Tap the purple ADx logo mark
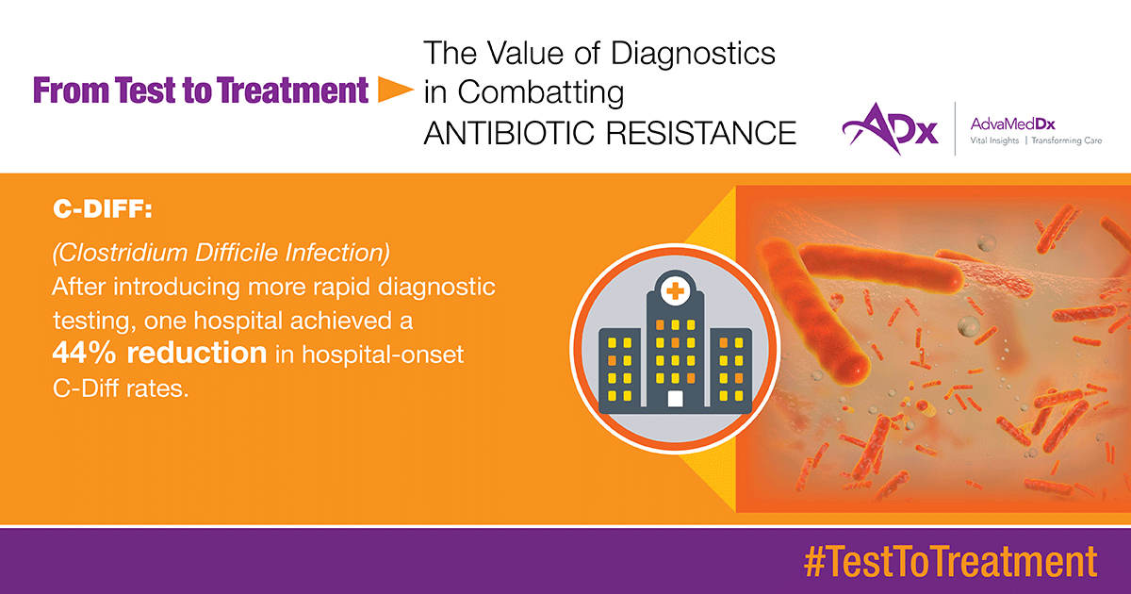[x=890, y=129]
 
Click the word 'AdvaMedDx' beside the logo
[x=1012, y=124]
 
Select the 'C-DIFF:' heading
[x=103, y=209]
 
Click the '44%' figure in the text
[x=84, y=353]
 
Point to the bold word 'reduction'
[x=196, y=353]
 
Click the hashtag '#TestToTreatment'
[x=950, y=562]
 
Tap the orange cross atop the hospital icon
[x=675, y=291]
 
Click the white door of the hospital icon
[x=675, y=399]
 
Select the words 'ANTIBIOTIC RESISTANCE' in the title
[x=610, y=133]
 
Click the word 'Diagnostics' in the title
[x=693, y=54]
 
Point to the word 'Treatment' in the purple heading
[x=293, y=91]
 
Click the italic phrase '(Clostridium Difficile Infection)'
[x=221, y=253]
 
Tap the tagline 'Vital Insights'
[x=994, y=140]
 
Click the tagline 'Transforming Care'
[x=1066, y=140]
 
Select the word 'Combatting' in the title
[x=541, y=92]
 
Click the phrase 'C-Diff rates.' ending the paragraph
[x=121, y=388]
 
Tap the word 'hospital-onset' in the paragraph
[x=383, y=355]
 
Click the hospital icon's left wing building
[x=620, y=371]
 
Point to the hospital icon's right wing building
[x=731, y=371]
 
